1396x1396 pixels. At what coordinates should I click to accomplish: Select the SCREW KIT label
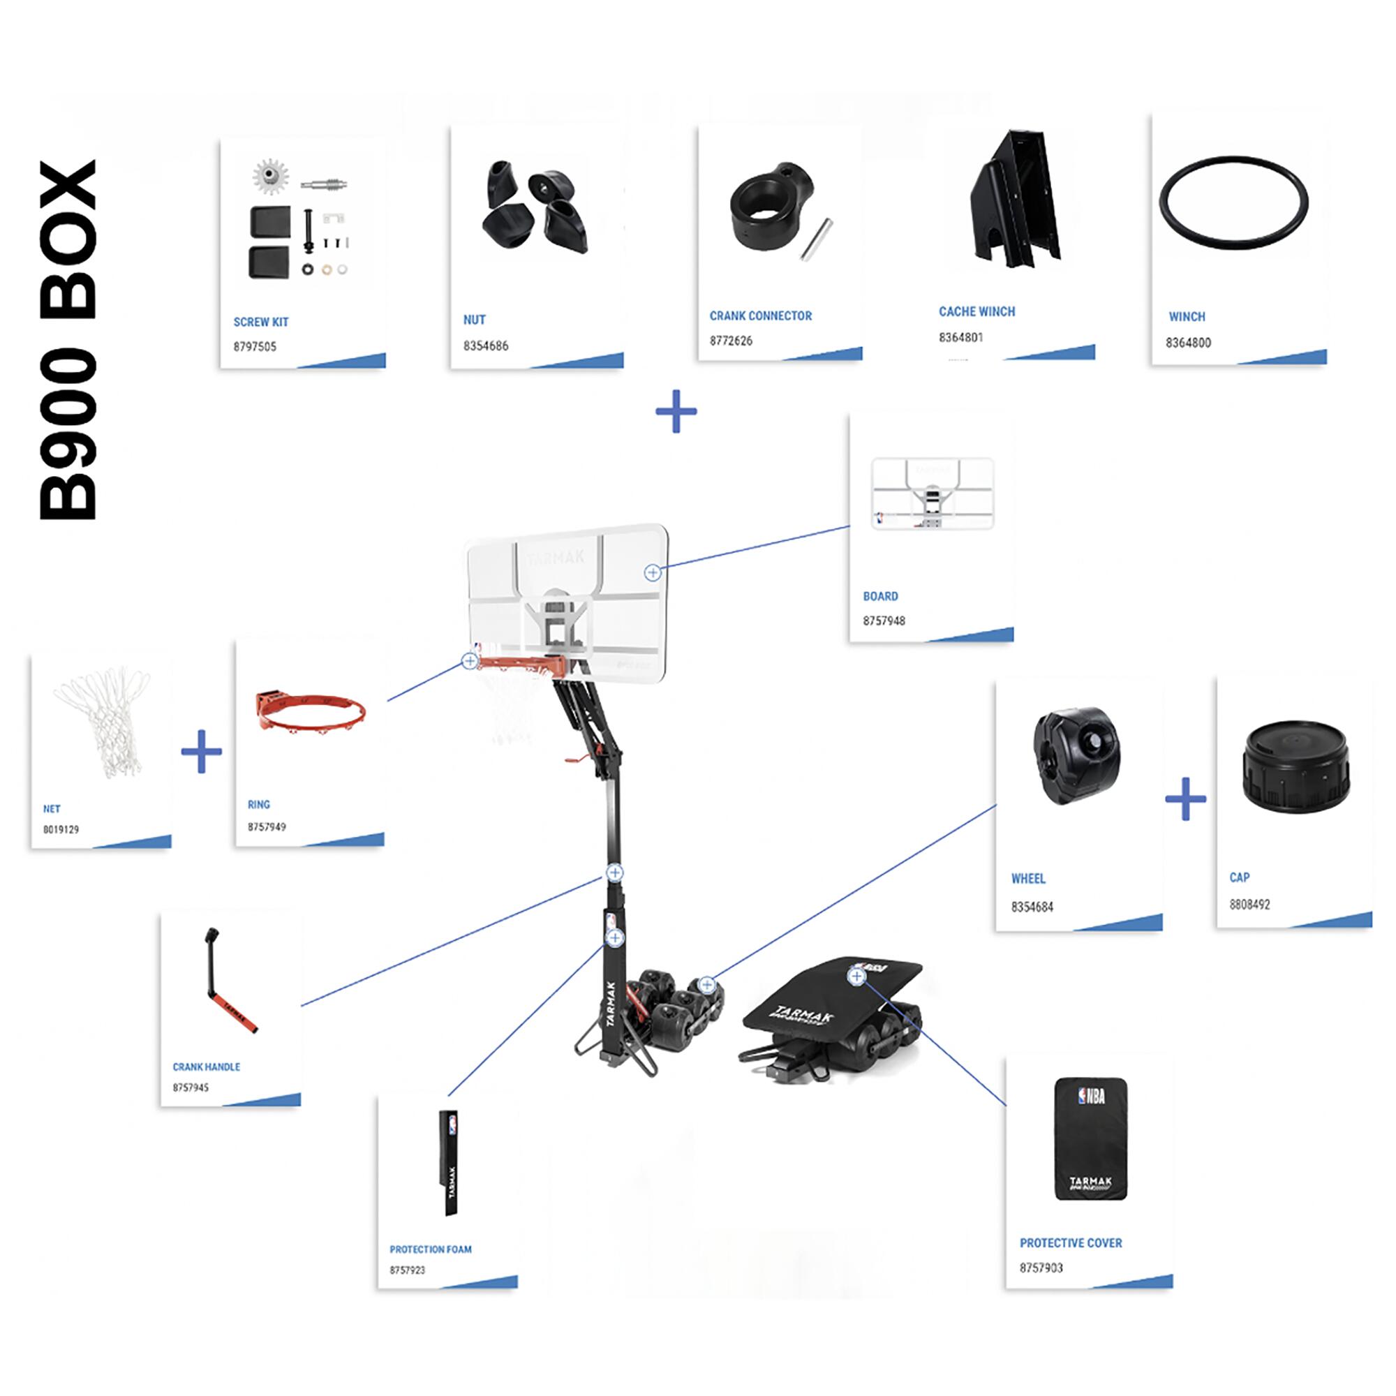pyautogui.click(x=261, y=322)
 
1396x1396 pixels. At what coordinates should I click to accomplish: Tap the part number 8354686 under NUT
pyautogui.click(x=486, y=346)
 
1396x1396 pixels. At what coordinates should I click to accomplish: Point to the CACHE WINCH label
pyautogui.click(x=977, y=311)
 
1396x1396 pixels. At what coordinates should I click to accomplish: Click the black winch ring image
pyautogui.click(x=1233, y=203)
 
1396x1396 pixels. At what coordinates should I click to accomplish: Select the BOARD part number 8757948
pyautogui.click(x=884, y=621)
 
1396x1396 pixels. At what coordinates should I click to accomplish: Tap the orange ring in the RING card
pyautogui.click(x=311, y=711)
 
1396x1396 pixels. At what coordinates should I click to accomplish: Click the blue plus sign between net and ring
pyautogui.click(x=201, y=752)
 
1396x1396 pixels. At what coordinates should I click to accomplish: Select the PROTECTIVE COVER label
pyautogui.click(x=1071, y=1243)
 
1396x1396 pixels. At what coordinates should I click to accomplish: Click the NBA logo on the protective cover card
pyautogui.click(x=1091, y=1096)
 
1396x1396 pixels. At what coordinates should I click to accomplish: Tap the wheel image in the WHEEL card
pyautogui.click(x=1076, y=756)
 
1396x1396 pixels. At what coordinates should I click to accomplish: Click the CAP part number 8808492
pyautogui.click(x=1249, y=905)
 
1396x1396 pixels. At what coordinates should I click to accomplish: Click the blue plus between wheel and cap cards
pyautogui.click(x=1186, y=799)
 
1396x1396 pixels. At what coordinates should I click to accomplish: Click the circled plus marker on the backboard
pyautogui.click(x=653, y=572)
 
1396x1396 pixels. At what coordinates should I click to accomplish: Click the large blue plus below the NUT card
pyautogui.click(x=676, y=412)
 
